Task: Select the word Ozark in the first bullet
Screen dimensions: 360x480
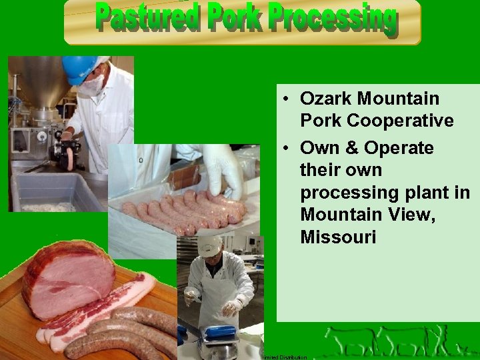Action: coord(327,99)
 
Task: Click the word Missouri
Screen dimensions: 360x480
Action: coord(338,237)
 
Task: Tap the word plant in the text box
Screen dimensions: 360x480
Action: coord(429,193)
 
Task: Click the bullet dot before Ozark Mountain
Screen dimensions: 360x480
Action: coord(285,99)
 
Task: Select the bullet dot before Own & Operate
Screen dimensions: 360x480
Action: coord(285,148)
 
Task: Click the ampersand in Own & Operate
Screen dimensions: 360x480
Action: coord(347,147)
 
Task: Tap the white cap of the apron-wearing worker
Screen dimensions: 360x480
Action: coord(209,245)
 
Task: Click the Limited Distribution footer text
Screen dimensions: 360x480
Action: coord(285,357)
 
